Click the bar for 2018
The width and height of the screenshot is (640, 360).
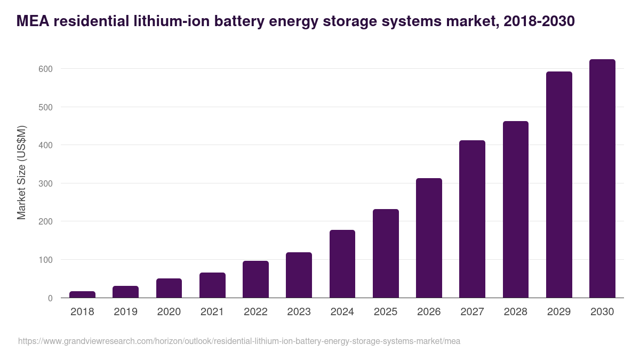82,294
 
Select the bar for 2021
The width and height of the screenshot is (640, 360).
212,285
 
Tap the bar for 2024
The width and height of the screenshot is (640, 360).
342,264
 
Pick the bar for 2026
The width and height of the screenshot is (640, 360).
429,238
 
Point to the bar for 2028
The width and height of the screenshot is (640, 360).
516,210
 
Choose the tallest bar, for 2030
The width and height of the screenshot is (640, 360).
602,179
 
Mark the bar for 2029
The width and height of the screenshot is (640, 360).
559,185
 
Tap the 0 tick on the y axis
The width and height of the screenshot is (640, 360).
50,298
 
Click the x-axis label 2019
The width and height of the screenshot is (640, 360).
125,312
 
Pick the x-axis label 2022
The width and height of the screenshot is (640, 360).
255,312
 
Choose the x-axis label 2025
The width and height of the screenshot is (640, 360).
386,312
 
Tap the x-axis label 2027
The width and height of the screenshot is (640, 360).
472,312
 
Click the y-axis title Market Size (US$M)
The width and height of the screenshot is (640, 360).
21,172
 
